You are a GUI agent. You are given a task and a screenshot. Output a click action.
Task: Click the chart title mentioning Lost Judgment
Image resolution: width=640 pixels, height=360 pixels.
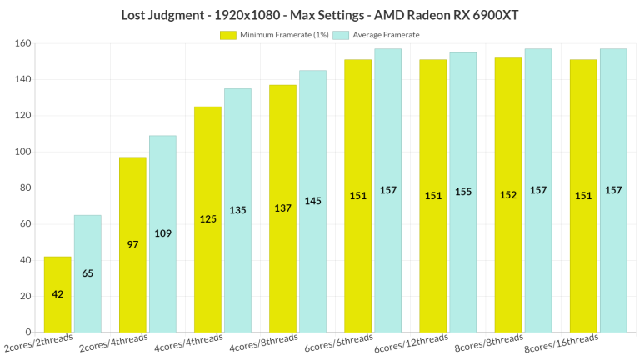[320, 14]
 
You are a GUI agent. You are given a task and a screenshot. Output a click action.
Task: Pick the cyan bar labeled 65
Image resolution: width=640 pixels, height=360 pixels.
[87, 273]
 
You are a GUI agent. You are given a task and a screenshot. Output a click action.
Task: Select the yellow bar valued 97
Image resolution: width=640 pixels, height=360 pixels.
[132, 244]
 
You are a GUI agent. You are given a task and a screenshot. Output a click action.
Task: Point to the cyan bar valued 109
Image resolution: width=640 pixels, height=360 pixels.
[162, 233]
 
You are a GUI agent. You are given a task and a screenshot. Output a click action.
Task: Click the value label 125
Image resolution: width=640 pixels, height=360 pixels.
[207, 218]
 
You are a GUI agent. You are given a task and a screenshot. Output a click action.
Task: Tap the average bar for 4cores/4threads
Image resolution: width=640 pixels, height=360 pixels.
[237, 210]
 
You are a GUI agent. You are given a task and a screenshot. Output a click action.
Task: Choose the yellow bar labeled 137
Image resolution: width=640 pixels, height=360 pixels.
[282, 208]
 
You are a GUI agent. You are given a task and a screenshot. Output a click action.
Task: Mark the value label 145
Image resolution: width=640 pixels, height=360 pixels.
[312, 201]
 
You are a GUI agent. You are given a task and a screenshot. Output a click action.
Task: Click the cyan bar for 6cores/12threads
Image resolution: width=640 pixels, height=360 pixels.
[462, 192]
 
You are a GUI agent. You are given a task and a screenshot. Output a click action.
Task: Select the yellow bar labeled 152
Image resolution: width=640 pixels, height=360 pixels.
[508, 195]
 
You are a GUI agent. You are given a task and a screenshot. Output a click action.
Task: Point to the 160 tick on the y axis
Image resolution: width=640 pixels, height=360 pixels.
[22, 43]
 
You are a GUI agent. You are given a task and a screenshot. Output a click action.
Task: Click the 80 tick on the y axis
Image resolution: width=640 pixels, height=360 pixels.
[24, 187]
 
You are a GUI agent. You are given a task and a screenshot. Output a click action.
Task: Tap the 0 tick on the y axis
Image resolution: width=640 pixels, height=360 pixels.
[27, 332]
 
